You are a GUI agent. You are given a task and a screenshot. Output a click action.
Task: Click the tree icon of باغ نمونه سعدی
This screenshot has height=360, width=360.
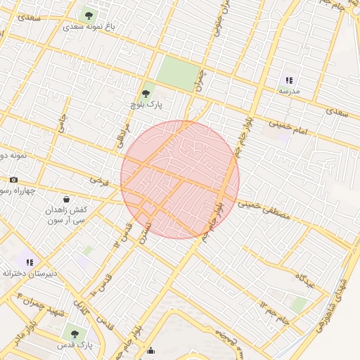pyautogui.click(x=89, y=14)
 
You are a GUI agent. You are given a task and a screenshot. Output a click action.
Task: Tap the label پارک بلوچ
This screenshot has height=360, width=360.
pyautogui.click(x=146, y=104)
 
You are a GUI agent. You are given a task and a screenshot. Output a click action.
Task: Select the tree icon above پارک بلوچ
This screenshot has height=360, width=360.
pyautogui.click(x=146, y=92)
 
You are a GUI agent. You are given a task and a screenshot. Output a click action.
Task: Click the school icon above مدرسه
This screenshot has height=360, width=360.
pyautogui.click(x=289, y=80)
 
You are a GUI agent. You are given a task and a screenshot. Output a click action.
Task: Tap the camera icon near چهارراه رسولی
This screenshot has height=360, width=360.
pyautogui.click(x=13, y=180)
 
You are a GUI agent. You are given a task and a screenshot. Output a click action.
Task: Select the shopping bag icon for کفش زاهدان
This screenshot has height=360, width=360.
pyautogui.click(x=66, y=199)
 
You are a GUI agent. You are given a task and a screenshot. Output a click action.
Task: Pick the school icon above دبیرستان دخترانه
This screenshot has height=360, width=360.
pyautogui.click(x=30, y=262)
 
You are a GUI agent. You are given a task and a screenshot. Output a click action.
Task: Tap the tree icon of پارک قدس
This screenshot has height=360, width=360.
pyautogui.click(x=75, y=334)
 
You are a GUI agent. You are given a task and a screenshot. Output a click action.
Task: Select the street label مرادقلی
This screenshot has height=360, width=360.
pyautogui.click(x=124, y=132)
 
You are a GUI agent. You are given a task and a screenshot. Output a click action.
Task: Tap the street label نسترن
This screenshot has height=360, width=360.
pyautogui.click(x=145, y=229)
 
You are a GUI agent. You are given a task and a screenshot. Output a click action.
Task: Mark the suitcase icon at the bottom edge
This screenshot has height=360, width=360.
pyautogui.click(x=150, y=351)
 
